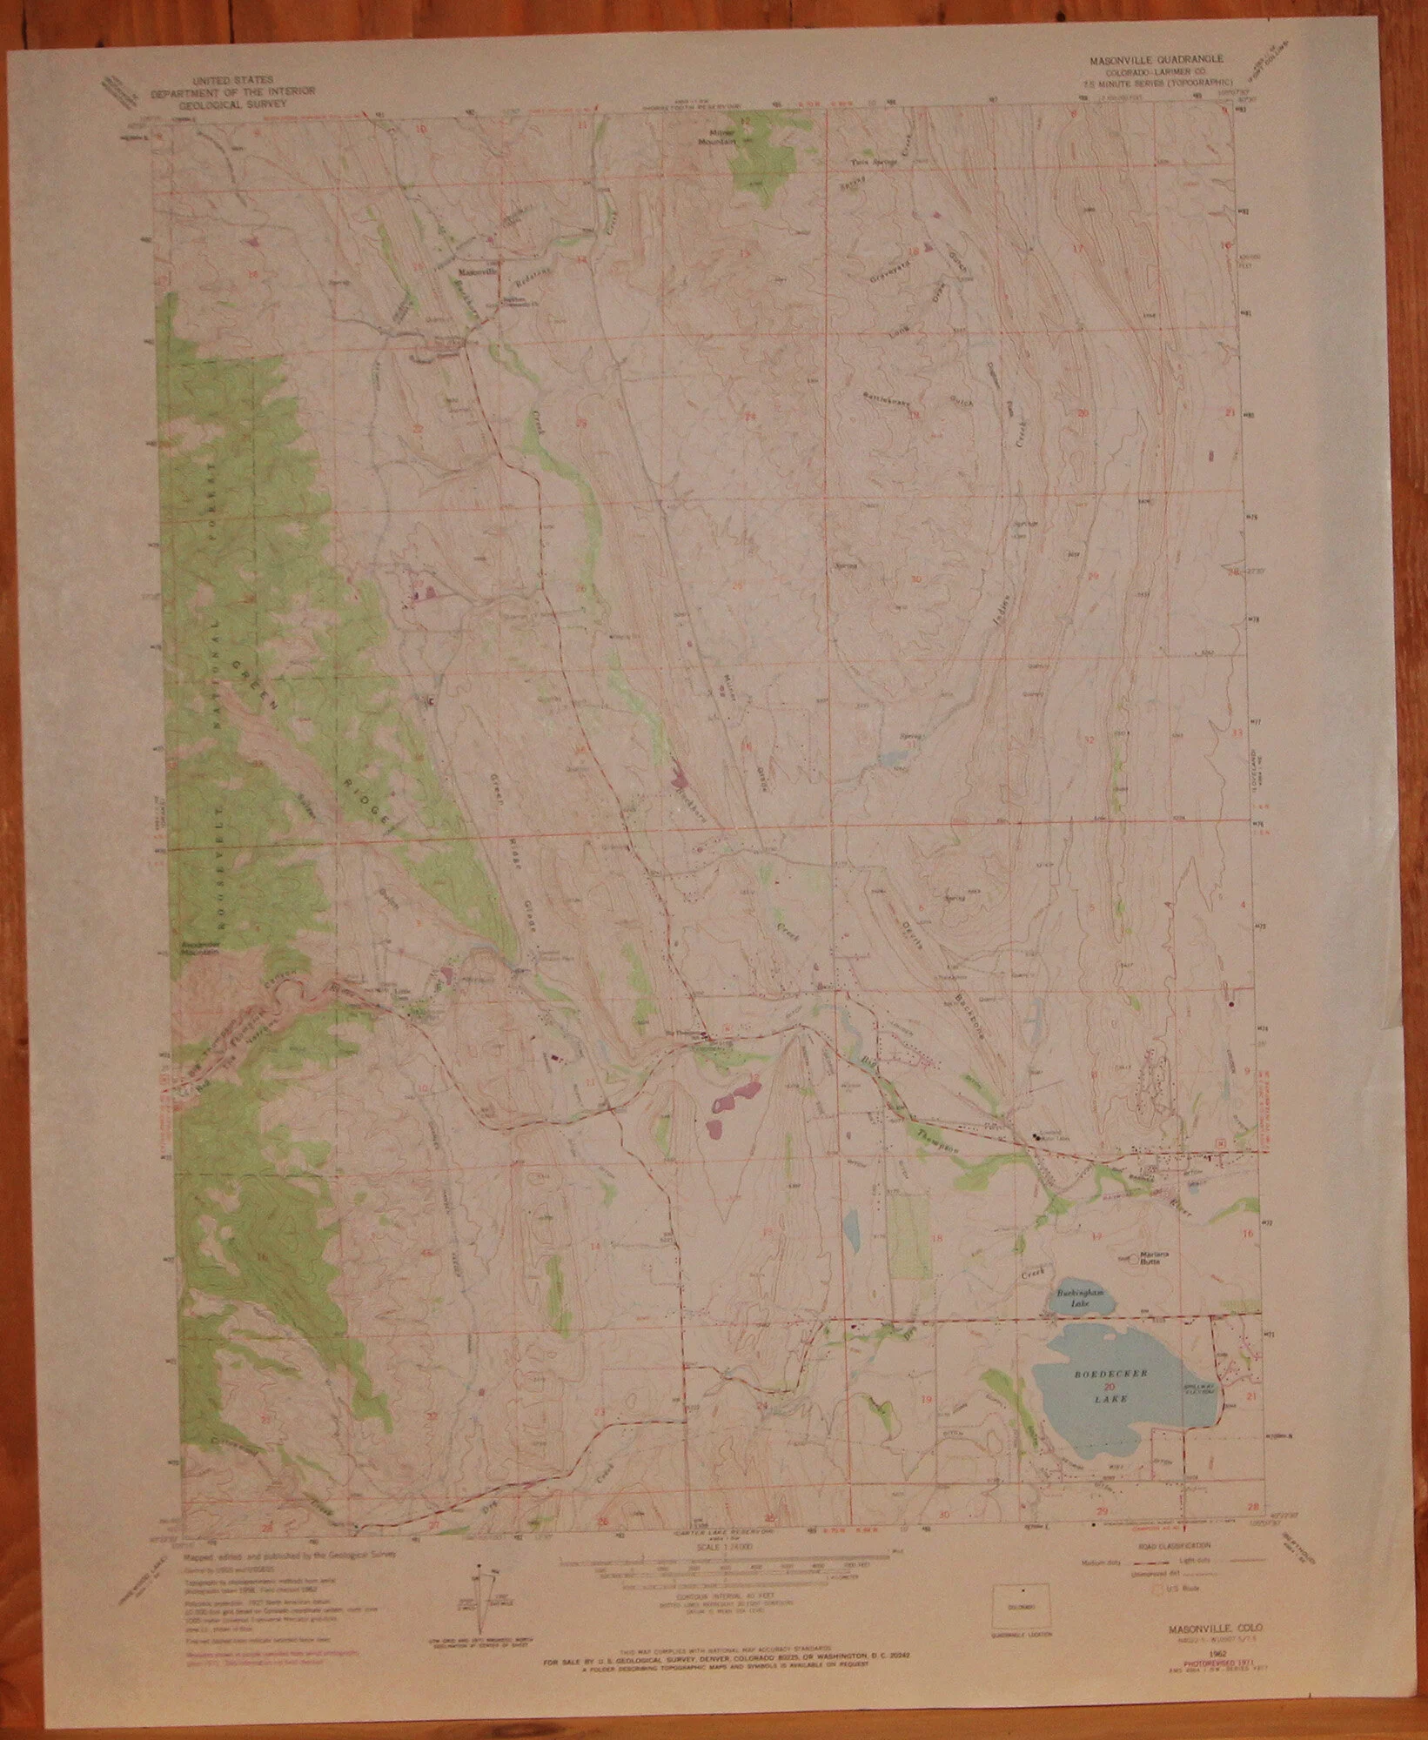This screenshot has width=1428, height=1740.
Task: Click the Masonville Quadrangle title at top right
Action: click(1156, 62)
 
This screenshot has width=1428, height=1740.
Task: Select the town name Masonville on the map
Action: click(476, 271)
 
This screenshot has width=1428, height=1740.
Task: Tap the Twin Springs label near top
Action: click(872, 163)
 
